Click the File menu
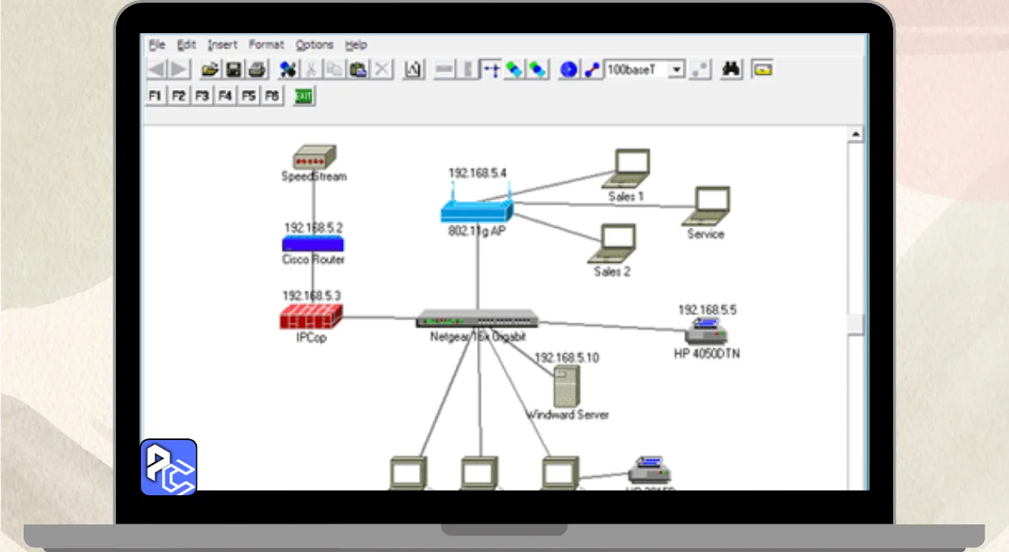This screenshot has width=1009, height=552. [157, 45]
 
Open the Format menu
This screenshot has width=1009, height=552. [266, 45]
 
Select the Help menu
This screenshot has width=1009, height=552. [356, 45]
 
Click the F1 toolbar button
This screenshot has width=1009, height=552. [155, 95]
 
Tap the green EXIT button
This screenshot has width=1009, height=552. [303, 96]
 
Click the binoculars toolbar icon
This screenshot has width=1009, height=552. [732, 69]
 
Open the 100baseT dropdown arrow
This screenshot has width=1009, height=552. [676, 69]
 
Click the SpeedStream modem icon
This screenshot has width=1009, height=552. [314, 156]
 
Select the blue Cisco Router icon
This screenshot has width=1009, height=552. [314, 244]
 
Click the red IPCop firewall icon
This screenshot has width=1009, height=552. [311, 317]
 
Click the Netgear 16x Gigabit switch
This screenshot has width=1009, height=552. [478, 319]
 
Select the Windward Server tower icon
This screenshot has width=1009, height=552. [566, 386]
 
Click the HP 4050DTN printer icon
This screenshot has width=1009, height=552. [706, 332]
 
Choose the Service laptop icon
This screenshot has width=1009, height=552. [707, 206]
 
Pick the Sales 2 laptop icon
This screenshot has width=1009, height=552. [613, 243]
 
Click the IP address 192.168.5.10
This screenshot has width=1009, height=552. [567, 357]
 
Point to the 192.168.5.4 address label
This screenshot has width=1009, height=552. [477, 173]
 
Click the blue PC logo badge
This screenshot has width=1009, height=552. [169, 467]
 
